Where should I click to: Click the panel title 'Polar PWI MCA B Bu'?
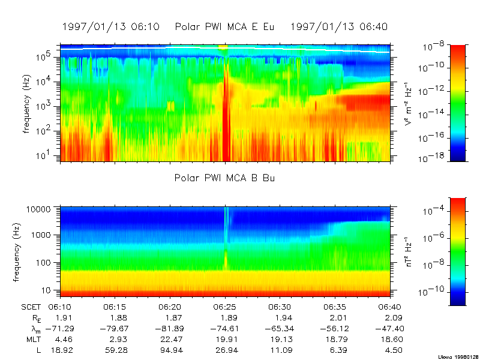point(225,178)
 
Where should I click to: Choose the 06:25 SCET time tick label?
point(225,307)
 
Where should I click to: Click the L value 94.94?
point(170,350)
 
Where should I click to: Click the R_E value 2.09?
point(393,317)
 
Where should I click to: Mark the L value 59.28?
point(115,350)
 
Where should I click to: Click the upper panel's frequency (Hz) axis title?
point(27,103)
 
